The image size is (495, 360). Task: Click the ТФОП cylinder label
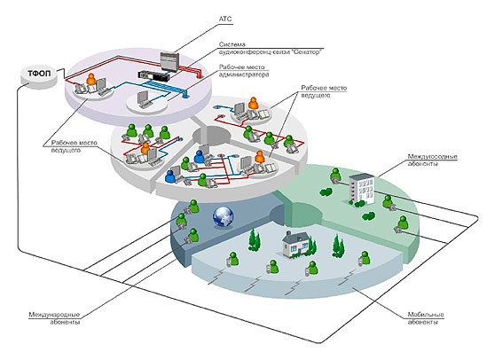[x=39, y=74]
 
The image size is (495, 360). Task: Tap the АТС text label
[x=225, y=19]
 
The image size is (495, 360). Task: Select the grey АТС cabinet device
[x=169, y=61]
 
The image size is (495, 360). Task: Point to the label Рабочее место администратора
[x=244, y=71]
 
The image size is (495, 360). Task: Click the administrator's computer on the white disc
[x=143, y=99]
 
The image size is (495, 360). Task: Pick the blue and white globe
[x=224, y=217]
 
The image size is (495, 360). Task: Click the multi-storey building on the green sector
[x=361, y=189]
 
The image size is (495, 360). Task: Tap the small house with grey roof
[x=295, y=245]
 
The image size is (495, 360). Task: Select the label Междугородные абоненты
[x=432, y=160]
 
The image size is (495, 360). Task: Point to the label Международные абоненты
[x=54, y=318]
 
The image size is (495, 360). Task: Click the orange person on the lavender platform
[x=91, y=79]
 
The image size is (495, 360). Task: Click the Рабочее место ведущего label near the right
[x=323, y=91]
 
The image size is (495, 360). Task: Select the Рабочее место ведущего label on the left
[x=75, y=146]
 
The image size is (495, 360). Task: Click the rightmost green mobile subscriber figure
[x=365, y=258]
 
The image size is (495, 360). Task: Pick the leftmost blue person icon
[x=170, y=176]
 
